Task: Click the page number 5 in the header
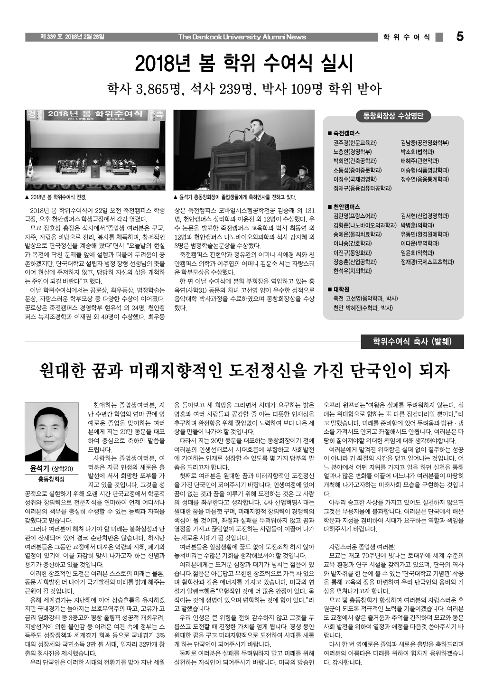pyautogui.click(x=459, y=37)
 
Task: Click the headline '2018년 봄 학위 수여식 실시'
pyautogui.click(x=245, y=63)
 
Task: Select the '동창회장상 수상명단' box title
pyautogui.click(x=393, y=116)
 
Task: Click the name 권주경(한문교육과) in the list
pyautogui.click(x=355, y=142)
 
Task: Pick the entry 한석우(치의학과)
pyautogui.click(x=352, y=271)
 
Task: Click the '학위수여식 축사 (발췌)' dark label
pyautogui.click(x=412, y=341)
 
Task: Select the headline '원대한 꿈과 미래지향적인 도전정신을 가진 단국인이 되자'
pyautogui.click(x=244, y=371)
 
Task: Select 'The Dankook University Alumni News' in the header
pyautogui.click(x=242, y=37)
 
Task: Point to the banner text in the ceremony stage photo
pyautogui.click(x=95, y=114)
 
